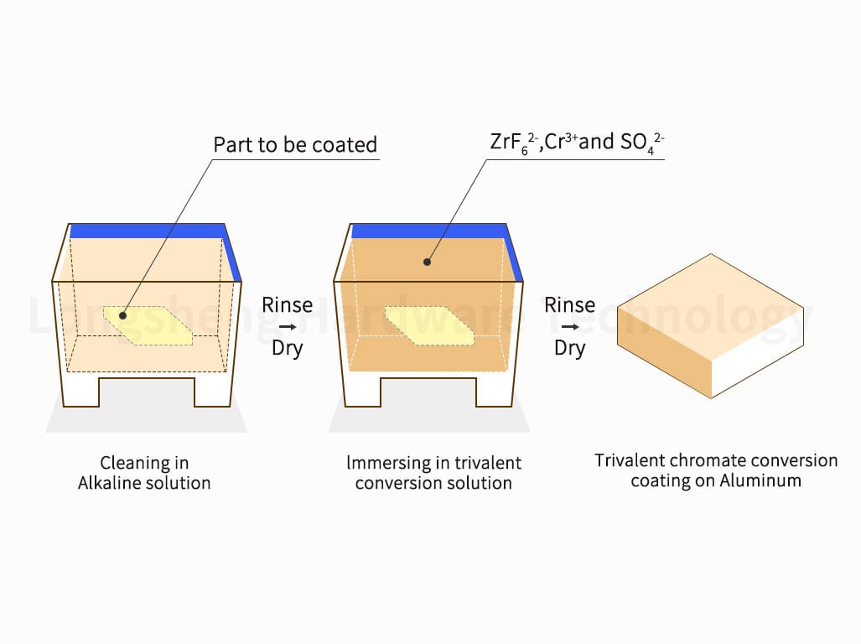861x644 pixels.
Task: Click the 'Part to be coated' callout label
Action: pos(295,144)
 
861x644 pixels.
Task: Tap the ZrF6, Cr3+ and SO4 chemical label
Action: pos(577,143)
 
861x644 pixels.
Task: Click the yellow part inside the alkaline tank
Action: pos(148,325)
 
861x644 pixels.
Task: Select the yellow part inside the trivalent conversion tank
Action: pos(429,325)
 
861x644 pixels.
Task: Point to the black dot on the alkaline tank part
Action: pos(123,315)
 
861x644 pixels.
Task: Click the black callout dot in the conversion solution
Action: pos(427,262)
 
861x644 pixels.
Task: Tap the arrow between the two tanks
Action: pos(288,327)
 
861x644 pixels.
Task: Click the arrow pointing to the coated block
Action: pos(570,327)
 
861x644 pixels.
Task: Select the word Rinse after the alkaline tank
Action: pos(288,304)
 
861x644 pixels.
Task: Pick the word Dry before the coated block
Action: pos(570,349)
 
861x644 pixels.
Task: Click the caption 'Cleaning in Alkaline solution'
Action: pos(144,473)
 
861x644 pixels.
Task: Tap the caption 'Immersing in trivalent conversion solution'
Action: pos(433,473)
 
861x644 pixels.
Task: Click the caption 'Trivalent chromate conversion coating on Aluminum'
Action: pos(716,470)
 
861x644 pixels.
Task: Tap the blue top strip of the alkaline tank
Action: pos(148,231)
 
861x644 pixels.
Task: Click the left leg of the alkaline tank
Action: pos(82,390)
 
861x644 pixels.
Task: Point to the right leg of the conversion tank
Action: pos(494,391)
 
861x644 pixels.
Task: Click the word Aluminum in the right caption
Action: pos(760,481)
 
